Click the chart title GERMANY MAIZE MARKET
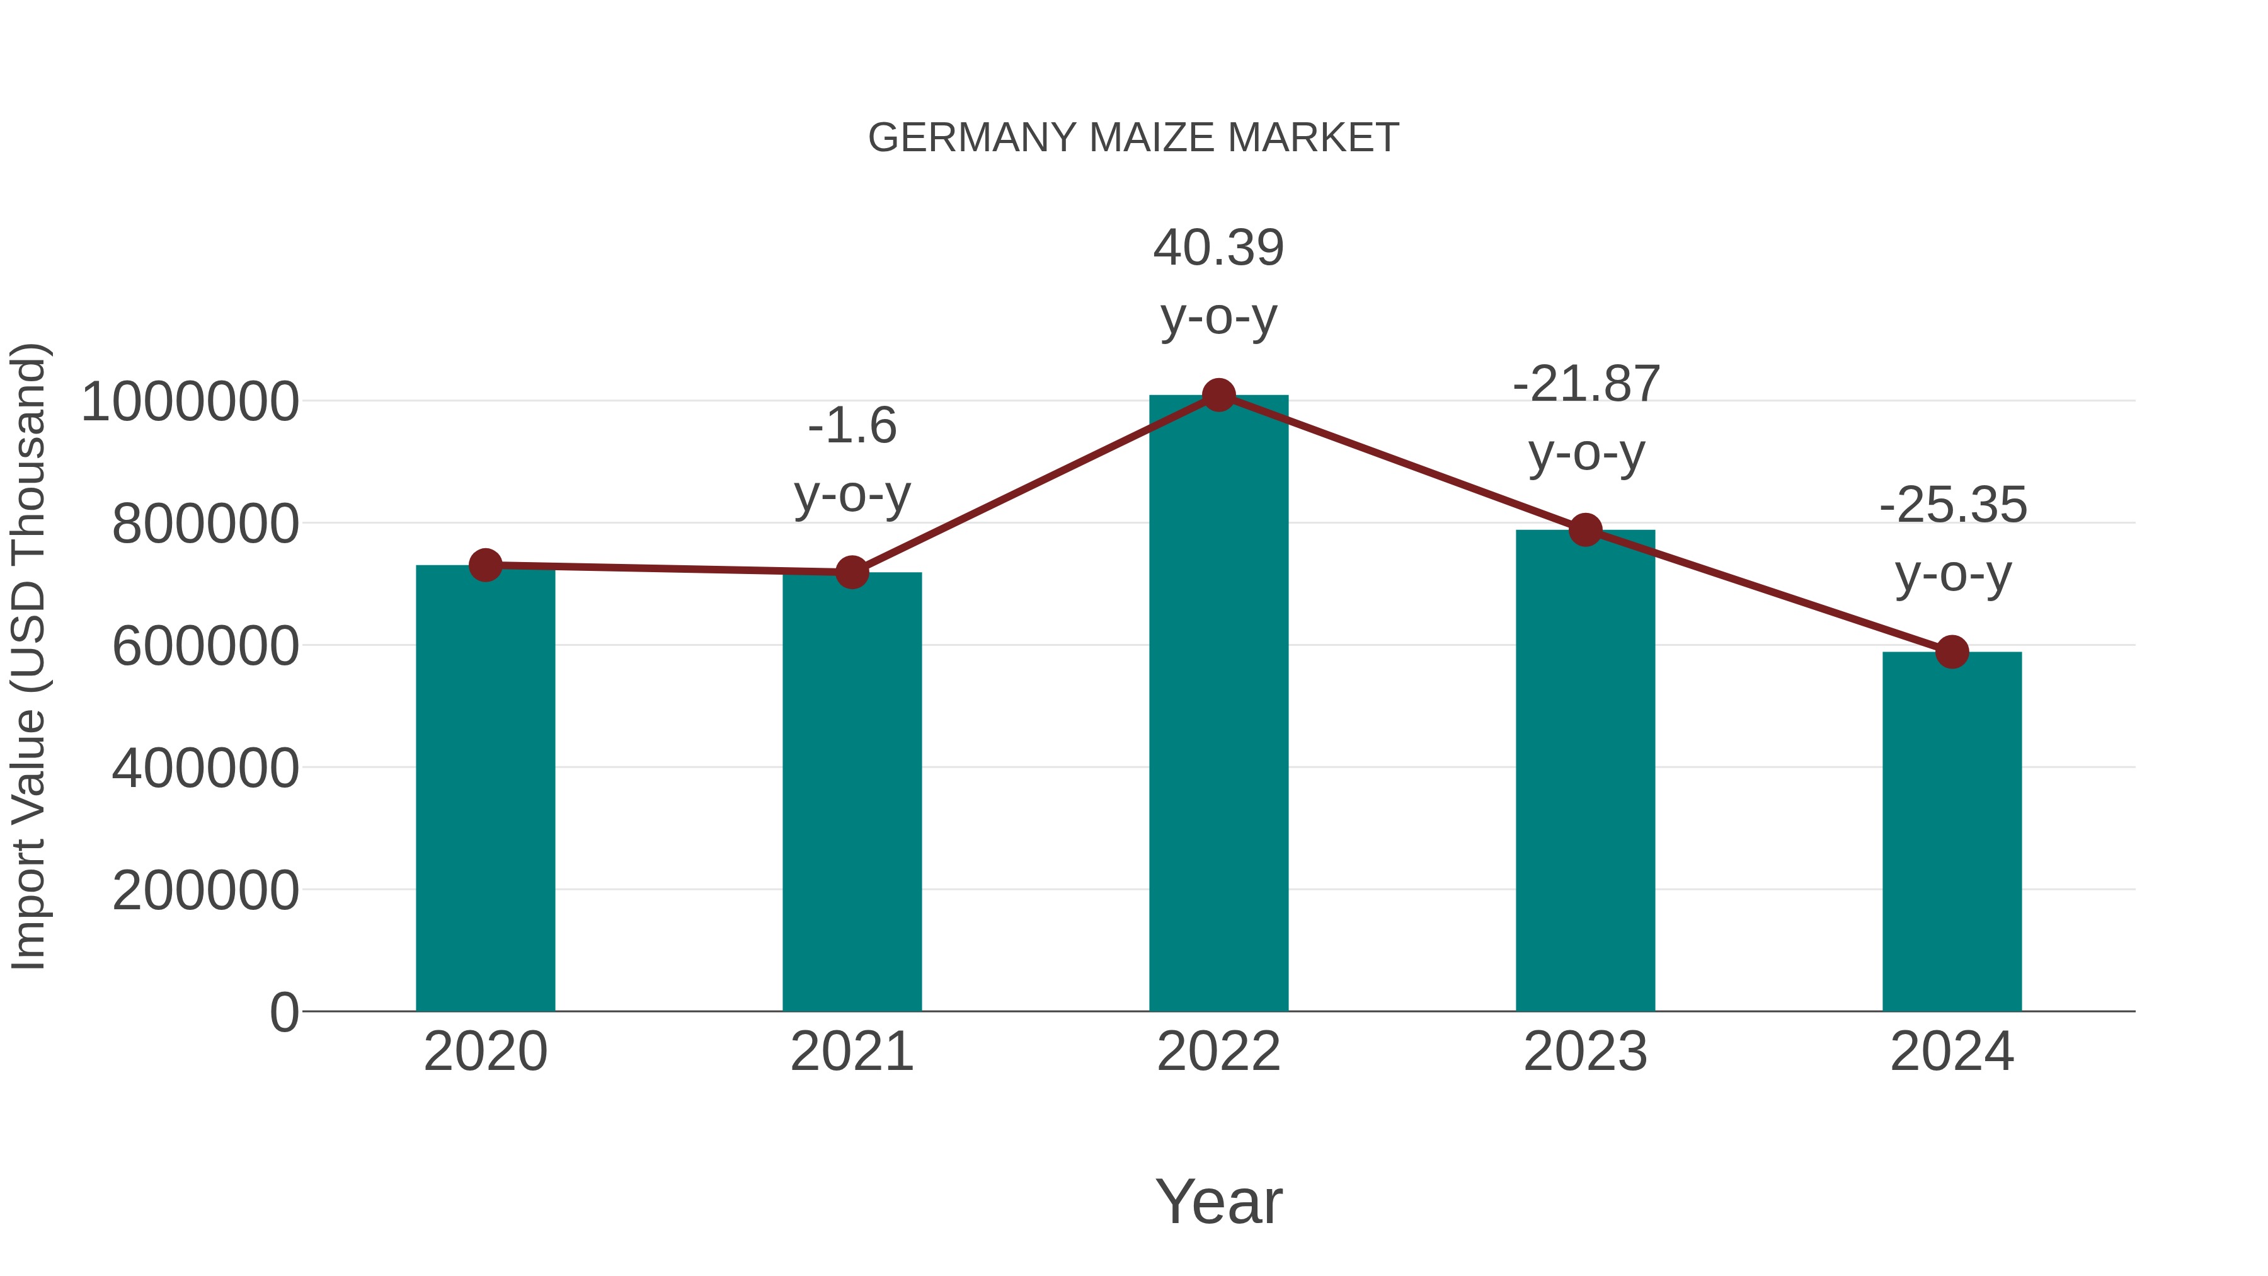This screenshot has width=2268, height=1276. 1133,138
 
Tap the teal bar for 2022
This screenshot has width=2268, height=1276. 1218,704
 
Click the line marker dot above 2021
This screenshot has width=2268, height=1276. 851,572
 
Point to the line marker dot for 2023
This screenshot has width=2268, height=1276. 1585,530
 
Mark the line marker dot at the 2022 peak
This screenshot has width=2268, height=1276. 1218,395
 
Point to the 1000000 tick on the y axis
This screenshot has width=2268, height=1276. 190,403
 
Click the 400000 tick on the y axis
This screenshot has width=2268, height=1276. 205,769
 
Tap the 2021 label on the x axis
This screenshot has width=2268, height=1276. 851,1052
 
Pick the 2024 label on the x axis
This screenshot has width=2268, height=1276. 1952,1052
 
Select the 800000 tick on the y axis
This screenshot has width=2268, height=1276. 205,525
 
